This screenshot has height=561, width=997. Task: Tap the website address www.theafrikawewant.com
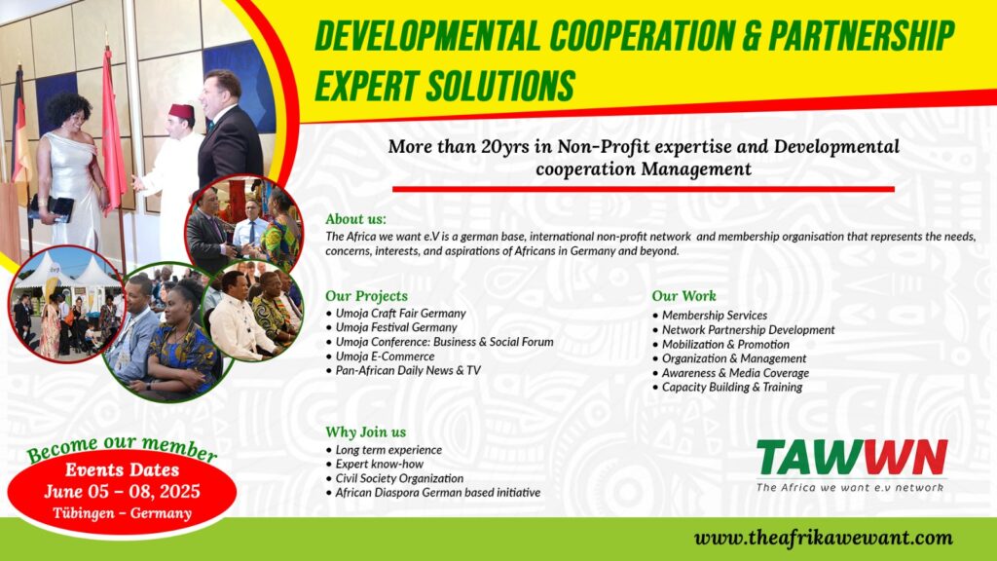(x=824, y=538)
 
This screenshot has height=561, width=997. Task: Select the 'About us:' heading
(x=355, y=219)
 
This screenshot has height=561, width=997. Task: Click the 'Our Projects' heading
(x=366, y=296)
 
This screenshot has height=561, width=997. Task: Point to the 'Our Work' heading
(x=683, y=296)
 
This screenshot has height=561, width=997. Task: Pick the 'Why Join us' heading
(x=366, y=431)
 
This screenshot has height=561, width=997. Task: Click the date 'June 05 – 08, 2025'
(x=122, y=491)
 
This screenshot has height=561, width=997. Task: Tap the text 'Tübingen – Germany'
(x=122, y=512)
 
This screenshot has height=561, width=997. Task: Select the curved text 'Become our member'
(x=122, y=447)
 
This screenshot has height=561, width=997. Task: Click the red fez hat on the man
(x=181, y=111)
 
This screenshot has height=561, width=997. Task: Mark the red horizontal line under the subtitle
(x=643, y=189)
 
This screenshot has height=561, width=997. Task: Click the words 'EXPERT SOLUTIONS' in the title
(x=445, y=86)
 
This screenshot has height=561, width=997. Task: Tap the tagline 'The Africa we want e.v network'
(x=849, y=487)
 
